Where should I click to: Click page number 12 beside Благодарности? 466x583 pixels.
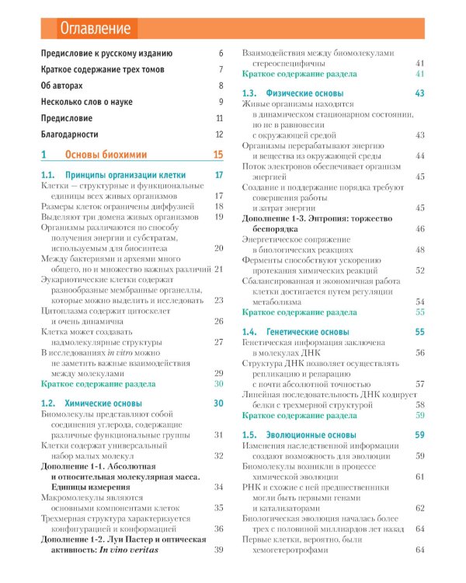[x=219, y=134]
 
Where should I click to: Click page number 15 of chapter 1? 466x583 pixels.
[x=218, y=155]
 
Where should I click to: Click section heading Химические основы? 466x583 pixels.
[x=103, y=403]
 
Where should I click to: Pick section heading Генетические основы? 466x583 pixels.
[x=308, y=332]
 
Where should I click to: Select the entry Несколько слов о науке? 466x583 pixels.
[x=88, y=102]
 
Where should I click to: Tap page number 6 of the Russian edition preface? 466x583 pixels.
[x=221, y=53]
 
